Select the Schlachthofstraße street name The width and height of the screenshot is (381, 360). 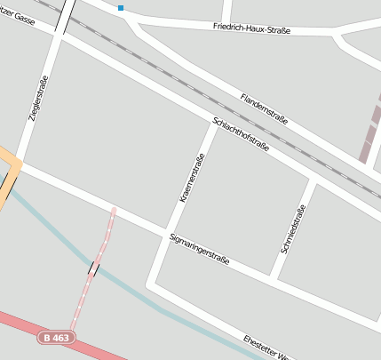coord(241,133)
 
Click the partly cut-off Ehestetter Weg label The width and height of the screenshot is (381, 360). coord(266,348)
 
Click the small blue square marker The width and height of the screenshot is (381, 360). coord(121,8)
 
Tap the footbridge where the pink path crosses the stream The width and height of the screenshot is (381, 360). coord(93,268)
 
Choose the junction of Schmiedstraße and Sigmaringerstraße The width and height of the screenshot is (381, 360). coord(275,277)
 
